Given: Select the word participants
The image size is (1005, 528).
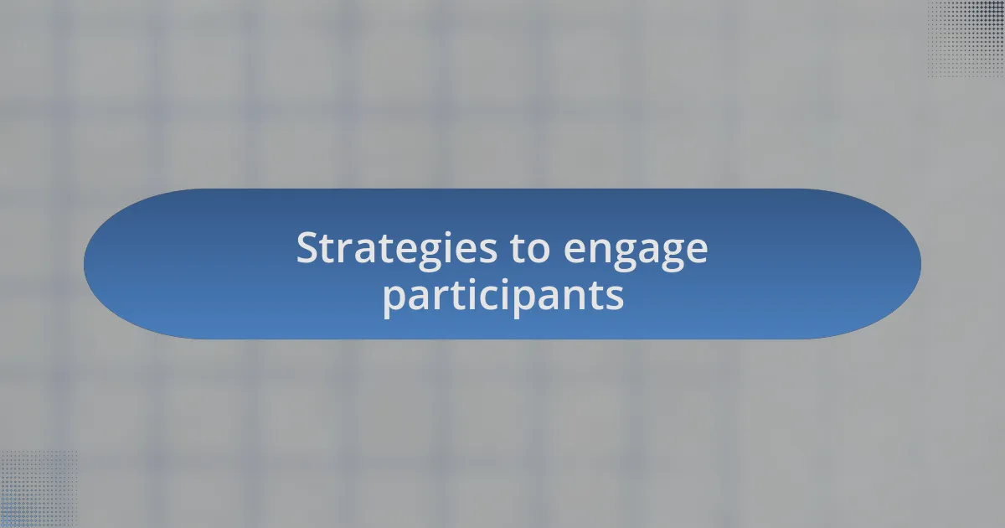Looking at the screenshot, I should [502, 296].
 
